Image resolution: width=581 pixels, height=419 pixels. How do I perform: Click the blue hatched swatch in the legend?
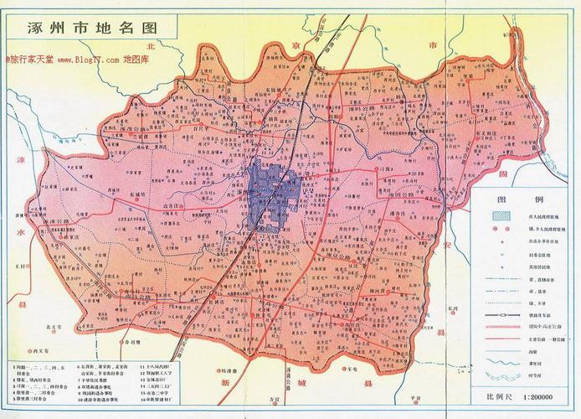(x=501, y=216)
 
